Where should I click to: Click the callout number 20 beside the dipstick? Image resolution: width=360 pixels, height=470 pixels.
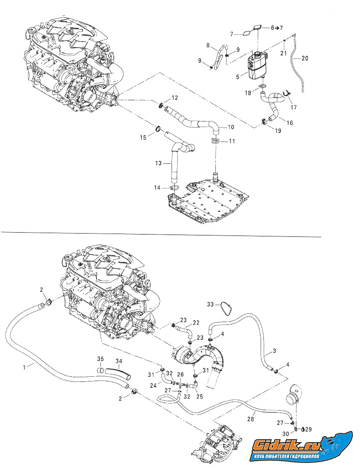coord(305,58)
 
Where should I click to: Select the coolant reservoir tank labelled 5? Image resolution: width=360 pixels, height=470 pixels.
coord(256,66)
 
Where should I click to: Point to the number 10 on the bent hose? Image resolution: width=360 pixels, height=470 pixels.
coord(230,127)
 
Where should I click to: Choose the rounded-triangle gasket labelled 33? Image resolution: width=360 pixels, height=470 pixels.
coord(228,309)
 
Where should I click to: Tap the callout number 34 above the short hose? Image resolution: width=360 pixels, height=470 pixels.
coord(119,361)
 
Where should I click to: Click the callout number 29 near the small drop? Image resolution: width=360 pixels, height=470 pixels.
coord(309,429)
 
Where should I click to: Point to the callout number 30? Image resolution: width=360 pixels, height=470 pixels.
coord(286,434)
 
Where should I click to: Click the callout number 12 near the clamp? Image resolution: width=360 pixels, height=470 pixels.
coord(175,98)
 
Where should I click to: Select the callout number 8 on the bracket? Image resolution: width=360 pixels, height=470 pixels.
coord(208,45)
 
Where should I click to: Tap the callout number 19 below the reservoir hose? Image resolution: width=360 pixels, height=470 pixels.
coord(278,130)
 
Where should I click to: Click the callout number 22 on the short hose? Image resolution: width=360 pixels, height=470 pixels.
coord(196,323)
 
